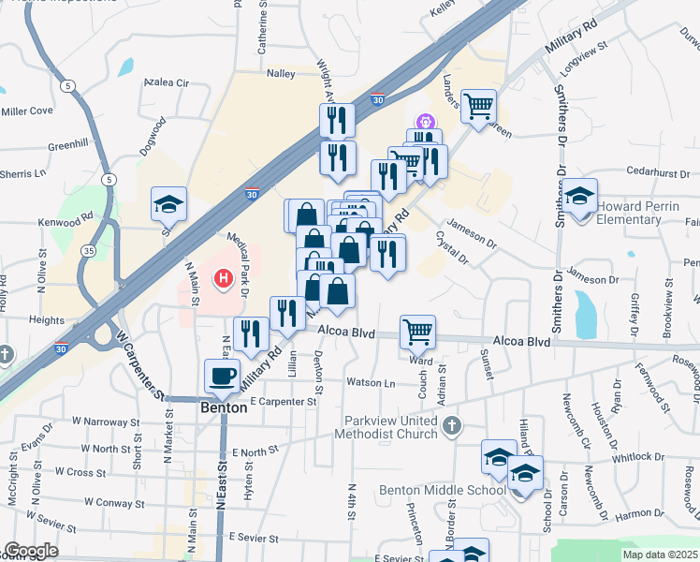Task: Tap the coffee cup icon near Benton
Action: pyautogui.click(x=223, y=376)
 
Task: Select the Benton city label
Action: pyautogui.click(x=225, y=407)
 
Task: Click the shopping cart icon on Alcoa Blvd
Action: pyautogui.click(x=416, y=330)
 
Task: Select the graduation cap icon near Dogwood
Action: pyautogui.click(x=169, y=202)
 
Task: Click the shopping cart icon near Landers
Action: pyautogui.click(x=478, y=105)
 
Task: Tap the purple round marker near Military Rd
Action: pyautogui.click(x=424, y=121)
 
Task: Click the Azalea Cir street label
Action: pyautogui.click(x=166, y=82)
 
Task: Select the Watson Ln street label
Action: pyautogui.click(x=372, y=382)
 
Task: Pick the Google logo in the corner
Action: pyautogui.click(x=31, y=551)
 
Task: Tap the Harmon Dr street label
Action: pyautogui.click(x=640, y=512)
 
